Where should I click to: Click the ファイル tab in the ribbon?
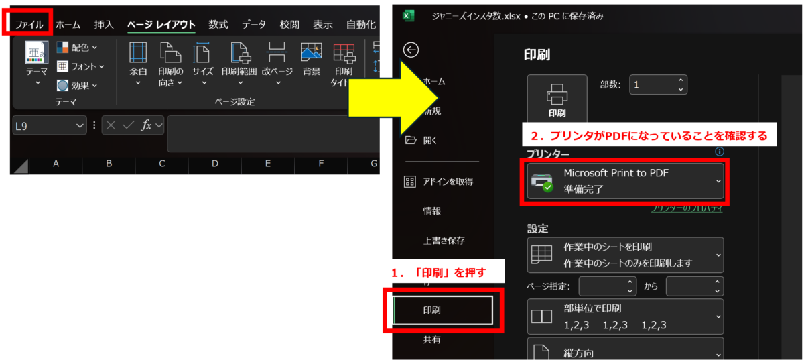point(29,25)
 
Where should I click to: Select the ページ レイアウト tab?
point(161,25)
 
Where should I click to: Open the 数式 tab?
point(218,25)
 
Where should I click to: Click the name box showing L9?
point(49,125)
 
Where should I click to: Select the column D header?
point(214,164)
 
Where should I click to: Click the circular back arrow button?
point(411,50)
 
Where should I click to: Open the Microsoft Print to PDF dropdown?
point(625,181)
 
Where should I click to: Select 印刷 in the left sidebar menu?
point(442,310)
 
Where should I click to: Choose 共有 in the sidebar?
point(432,340)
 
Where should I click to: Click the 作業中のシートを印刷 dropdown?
point(625,255)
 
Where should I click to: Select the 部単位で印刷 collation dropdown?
point(625,316)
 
